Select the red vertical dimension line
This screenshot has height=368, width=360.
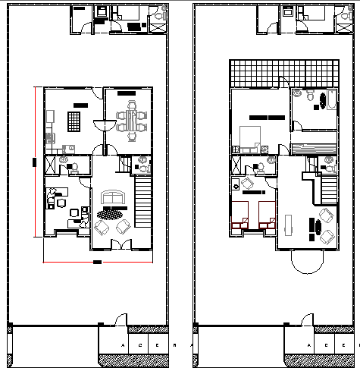tap(34, 162)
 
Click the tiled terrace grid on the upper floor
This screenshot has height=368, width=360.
tap(282, 74)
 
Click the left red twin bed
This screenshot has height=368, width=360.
tap(242, 215)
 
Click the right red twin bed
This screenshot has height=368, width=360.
tap(265, 215)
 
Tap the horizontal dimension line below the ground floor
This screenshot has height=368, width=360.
tap(96, 262)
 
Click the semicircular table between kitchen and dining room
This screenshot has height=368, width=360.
tap(98, 127)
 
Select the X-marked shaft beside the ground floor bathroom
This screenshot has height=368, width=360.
tap(50, 165)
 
